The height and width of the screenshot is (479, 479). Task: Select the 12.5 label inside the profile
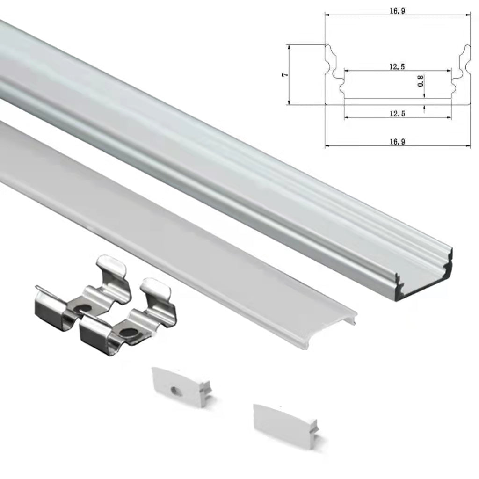(x=397, y=67)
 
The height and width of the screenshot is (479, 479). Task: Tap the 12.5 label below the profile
(x=397, y=113)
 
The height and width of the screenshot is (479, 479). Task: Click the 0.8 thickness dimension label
(x=420, y=81)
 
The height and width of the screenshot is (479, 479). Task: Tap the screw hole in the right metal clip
(x=126, y=333)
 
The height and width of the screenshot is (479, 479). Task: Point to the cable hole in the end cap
(x=176, y=389)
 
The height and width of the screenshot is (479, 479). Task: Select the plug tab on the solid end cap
(x=314, y=428)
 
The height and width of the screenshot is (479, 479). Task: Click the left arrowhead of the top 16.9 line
(x=327, y=15)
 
